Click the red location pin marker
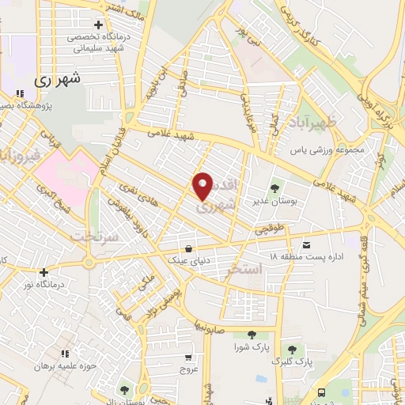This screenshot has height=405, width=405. point(203,187)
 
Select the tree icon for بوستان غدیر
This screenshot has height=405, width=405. point(274,188)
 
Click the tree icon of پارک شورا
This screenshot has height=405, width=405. point(250,335)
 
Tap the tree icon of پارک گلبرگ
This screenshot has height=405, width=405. point(292,349)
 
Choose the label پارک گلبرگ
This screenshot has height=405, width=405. point(289,361)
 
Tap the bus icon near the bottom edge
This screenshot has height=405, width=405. point(321,392)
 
